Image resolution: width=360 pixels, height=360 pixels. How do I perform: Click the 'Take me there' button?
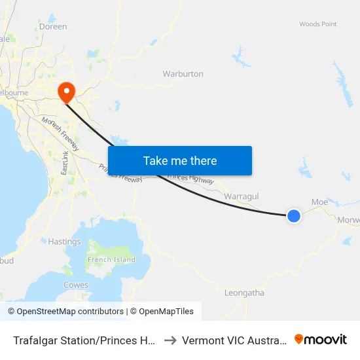coord(180,160)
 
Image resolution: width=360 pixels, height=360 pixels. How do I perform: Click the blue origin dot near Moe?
coord(294,215)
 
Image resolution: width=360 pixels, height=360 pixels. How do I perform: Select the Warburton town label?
coord(183,74)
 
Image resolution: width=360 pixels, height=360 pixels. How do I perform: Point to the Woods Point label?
coord(318,24)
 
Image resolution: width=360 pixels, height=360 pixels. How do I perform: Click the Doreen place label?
coord(53,27)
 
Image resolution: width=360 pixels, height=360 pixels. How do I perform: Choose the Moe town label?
coord(319,202)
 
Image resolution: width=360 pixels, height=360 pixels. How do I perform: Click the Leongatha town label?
coord(244,293)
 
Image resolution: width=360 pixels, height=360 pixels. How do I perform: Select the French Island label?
coord(111,260)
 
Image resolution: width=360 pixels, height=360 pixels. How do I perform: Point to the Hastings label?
coord(64,242)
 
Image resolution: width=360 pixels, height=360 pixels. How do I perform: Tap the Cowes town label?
coord(76,285)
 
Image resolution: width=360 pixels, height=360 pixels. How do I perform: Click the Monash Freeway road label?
coord(60,134)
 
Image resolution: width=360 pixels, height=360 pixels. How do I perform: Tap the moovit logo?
coord(321,340)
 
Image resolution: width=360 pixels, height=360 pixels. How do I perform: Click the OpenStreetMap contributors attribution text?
coord(65,312)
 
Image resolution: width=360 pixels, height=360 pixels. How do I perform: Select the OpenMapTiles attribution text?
coord(162,312)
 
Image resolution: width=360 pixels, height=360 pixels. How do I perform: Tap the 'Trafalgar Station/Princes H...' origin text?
coord(83,340)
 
